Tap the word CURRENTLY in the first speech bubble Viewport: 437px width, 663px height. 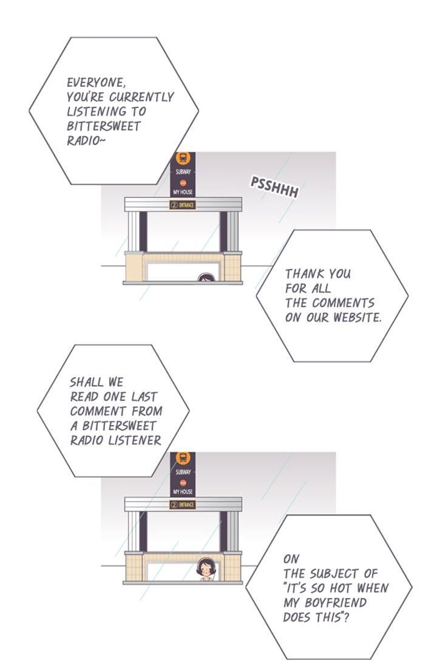point(141,97)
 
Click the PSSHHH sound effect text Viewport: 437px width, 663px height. point(275,187)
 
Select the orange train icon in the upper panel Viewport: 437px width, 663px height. point(183,158)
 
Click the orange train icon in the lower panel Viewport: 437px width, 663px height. point(183,458)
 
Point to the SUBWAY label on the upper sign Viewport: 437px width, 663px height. point(183,172)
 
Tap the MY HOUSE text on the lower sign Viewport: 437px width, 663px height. point(183,492)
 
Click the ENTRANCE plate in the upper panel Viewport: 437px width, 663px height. point(183,205)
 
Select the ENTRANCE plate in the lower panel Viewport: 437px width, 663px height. point(183,505)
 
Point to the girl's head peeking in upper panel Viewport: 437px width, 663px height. point(206,277)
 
